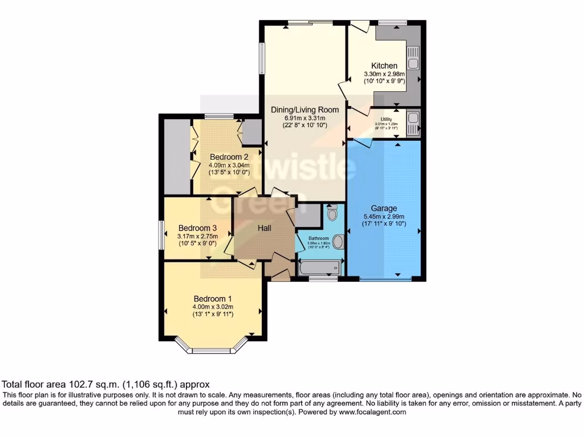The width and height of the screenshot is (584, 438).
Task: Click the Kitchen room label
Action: pyautogui.click(x=384, y=66)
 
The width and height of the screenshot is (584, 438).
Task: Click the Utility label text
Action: pyautogui.click(x=386, y=119)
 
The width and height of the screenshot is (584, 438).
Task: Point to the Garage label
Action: pyautogui.click(x=384, y=208)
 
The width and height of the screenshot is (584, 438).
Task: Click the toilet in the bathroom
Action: pyautogui.click(x=333, y=213)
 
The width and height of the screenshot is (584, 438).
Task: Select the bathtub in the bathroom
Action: pyautogui.click(x=319, y=267)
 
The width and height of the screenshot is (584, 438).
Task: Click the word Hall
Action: pyautogui.click(x=264, y=228)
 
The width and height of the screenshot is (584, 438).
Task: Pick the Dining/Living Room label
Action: pyautogui.click(x=305, y=109)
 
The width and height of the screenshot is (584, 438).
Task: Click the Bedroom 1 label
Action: pyautogui.click(x=212, y=299)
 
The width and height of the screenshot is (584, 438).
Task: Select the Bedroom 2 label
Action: pyautogui.click(x=228, y=157)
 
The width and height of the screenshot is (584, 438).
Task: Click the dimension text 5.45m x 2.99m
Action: pyautogui.click(x=384, y=217)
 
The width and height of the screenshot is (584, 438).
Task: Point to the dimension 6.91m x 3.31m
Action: pyautogui.click(x=305, y=117)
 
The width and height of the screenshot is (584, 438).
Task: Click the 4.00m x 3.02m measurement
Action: pyautogui.click(x=213, y=307)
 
